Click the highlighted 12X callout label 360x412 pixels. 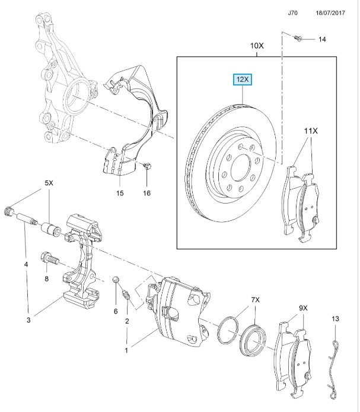pos(243,80)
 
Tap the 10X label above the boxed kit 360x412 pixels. pos(257,46)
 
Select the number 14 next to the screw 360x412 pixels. pos(322,39)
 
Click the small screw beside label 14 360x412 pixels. pos(298,38)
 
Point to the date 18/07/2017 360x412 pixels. pos(330,13)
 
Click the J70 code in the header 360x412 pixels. pos(292,13)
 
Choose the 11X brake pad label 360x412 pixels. pos(311,131)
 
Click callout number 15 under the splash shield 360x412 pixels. pos(120,193)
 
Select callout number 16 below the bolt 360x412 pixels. pos(146,193)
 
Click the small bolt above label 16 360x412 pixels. pos(147,166)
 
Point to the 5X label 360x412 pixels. pos(49,183)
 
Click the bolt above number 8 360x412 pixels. pos(50,258)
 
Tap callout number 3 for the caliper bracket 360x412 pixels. pos(28,320)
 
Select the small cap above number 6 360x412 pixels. pos(116,279)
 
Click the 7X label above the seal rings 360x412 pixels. pos(255,300)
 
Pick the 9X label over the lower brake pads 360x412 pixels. pos(303,308)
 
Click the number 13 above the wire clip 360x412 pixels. pos(335,319)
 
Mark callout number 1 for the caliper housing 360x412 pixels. pos(126,350)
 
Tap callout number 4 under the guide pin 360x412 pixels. pos(26,264)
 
